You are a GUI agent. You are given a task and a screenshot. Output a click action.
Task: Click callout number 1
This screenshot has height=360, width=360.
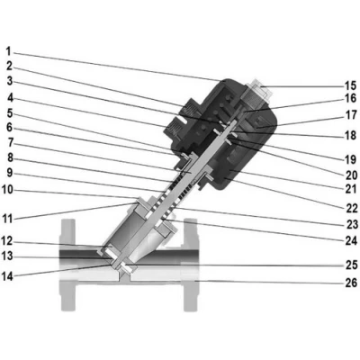coord(9,51)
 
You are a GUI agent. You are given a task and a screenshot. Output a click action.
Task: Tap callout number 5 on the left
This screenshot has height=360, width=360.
coord(10,113)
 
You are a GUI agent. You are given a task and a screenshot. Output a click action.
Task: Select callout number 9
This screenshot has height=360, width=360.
coord(10,173)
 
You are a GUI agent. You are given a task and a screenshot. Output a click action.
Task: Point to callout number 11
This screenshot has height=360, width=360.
coord(8,219)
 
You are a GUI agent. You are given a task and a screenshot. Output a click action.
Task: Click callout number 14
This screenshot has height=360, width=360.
coord(7,276)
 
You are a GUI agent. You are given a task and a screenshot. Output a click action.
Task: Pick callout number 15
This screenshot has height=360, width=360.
coord(351,85)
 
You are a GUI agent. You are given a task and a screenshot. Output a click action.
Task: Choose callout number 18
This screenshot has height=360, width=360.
coord(351,135)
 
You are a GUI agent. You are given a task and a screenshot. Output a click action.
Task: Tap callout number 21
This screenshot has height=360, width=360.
coord(351,189)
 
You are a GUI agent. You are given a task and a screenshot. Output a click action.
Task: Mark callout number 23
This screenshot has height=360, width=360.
coord(351,224)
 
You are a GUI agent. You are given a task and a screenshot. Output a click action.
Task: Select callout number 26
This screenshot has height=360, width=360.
coord(351,283)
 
